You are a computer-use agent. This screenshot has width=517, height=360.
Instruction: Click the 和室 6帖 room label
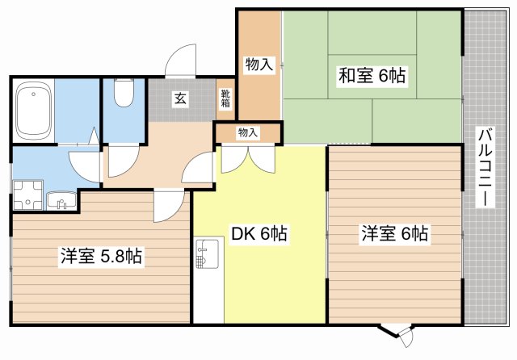pos(372,77)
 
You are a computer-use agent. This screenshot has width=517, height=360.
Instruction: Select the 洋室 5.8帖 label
pos(101,257)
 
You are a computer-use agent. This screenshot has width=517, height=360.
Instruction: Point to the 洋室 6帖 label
pos(394,234)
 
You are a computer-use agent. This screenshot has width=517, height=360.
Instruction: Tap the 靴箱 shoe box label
pos(225,98)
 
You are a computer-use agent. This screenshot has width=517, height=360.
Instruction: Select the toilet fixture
pos(124,94)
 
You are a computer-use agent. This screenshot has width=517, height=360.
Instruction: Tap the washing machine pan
pos(27,194)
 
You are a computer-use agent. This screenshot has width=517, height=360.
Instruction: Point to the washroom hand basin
pos(60,199)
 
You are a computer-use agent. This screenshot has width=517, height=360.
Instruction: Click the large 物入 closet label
pos(258,65)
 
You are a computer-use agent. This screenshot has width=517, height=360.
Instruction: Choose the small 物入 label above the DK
pos(248,132)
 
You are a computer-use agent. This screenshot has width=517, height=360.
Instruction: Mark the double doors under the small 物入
pos(249,157)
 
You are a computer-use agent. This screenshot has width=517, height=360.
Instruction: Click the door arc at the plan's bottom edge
pos(398,334)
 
